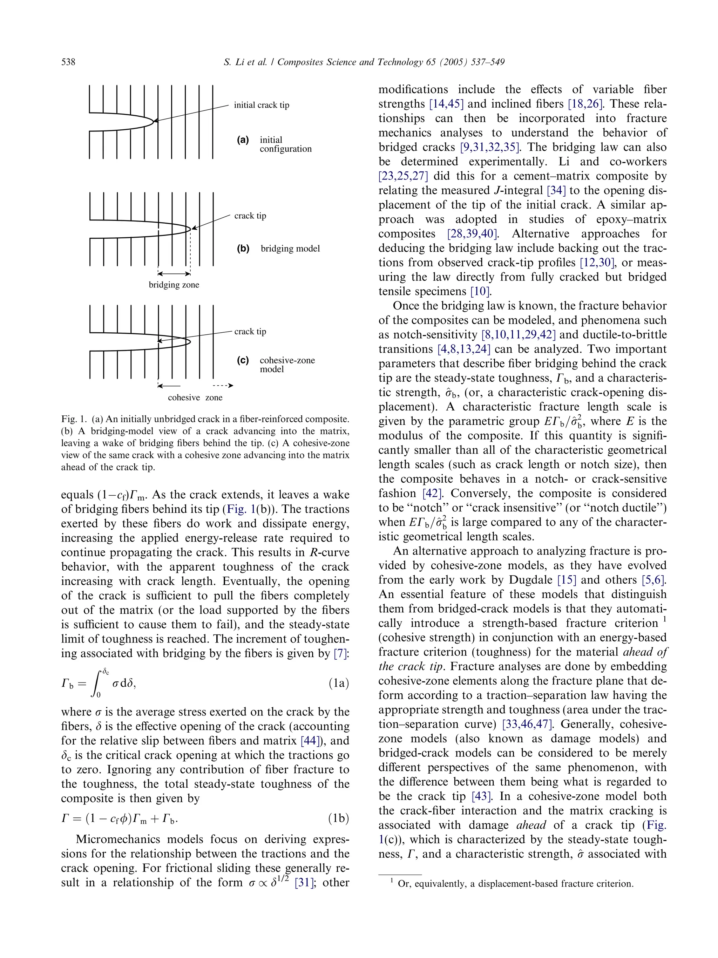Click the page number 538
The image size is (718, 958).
click(x=68, y=62)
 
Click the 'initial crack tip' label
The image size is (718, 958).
click(x=261, y=105)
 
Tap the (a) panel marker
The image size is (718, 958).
click(x=243, y=140)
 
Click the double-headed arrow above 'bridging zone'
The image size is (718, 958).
click(x=174, y=274)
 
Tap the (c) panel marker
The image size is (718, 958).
click(x=243, y=360)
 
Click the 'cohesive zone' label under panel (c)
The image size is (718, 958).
click(x=195, y=398)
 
